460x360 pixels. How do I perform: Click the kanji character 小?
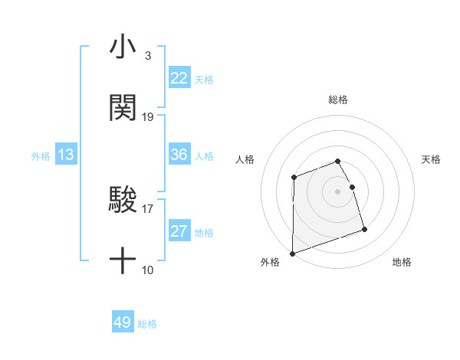(123, 47)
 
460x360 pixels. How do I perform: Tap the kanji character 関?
(123, 108)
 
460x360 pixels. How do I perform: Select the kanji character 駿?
(123, 201)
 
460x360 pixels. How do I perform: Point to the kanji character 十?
(123, 261)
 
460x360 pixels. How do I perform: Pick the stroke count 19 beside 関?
(148, 117)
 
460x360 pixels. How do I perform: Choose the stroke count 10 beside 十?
(148, 270)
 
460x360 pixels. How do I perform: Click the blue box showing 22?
(179, 78)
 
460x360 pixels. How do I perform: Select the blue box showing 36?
(179, 155)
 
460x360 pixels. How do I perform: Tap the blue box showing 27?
(179, 231)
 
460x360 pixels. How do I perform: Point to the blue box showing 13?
(66, 155)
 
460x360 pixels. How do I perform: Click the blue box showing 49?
(123, 322)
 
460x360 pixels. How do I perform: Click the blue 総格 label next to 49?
(147, 324)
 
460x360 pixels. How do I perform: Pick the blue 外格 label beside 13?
(41, 156)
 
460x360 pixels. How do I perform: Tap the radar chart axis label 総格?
(338, 100)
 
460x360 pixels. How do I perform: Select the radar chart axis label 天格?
(431, 159)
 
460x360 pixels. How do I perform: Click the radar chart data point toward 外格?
(293, 253)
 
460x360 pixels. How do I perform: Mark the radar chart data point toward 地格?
(364, 229)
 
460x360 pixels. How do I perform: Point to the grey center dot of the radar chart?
(338, 191)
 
